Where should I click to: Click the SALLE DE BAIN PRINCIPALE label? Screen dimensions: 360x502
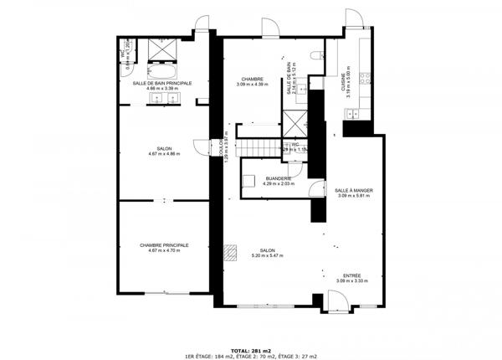162,84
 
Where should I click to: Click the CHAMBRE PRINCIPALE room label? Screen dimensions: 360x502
164,245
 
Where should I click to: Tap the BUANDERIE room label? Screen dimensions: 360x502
278,178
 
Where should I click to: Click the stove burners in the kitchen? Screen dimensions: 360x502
365,80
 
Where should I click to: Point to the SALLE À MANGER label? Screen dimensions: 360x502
353,191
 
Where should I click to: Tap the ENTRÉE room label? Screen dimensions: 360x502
353,275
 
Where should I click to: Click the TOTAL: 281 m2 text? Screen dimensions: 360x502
251,349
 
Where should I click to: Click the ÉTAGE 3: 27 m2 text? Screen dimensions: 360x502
299,356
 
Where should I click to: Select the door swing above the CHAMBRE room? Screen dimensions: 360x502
270,28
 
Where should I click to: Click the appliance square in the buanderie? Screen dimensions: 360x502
251,177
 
